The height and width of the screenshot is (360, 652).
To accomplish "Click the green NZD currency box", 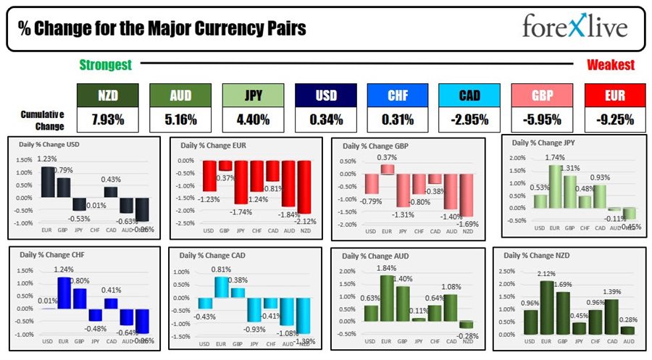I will pyautogui.click(x=106, y=95).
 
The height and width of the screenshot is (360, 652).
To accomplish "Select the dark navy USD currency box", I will pyautogui.click(x=325, y=95).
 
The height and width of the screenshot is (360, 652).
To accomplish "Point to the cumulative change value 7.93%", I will pyautogui.click(x=106, y=119).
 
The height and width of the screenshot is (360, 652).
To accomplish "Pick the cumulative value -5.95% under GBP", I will pyautogui.click(x=541, y=119).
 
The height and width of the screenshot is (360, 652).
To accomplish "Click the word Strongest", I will pyautogui.click(x=106, y=65).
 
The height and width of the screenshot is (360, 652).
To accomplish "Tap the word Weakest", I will pyautogui.click(x=610, y=65).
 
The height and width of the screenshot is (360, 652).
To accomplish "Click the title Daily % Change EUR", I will pyautogui.click(x=214, y=146).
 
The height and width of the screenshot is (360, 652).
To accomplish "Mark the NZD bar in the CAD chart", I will pyautogui.click(x=304, y=315).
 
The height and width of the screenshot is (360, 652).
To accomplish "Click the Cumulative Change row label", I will pyautogui.click(x=41, y=120).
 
